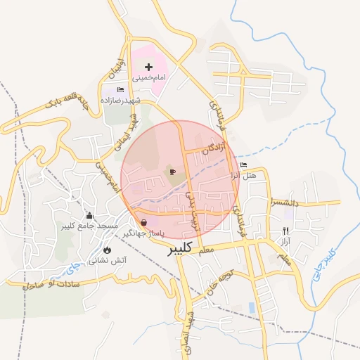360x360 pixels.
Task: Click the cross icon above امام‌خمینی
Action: point(148,66)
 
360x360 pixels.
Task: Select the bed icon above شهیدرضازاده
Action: point(120,90)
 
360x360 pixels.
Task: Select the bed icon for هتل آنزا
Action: point(243,165)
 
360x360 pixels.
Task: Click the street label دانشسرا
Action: point(283,202)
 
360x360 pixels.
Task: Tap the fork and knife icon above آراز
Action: point(285,231)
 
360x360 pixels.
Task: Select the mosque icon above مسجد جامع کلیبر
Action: point(90,215)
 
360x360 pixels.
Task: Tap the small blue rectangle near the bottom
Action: point(252,308)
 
